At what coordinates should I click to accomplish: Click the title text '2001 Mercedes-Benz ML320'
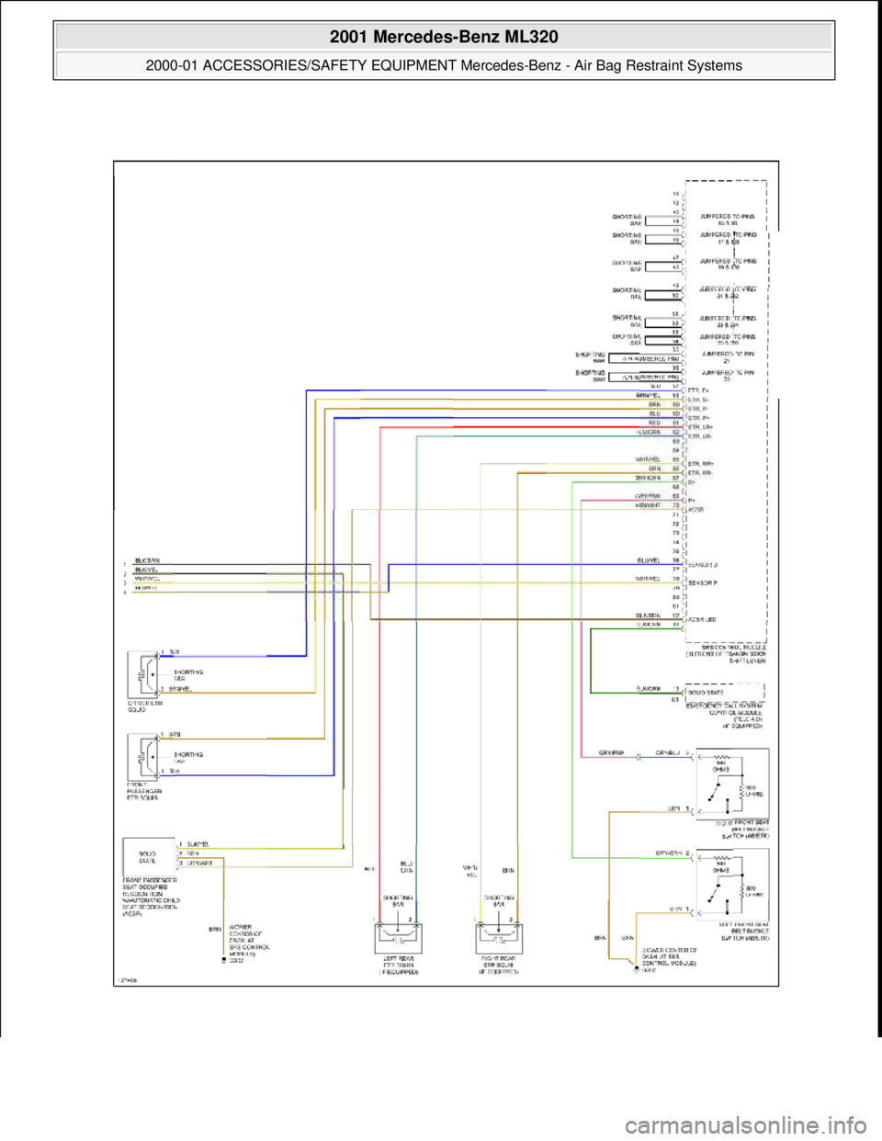[442, 37]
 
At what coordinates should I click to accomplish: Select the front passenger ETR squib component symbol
[142, 756]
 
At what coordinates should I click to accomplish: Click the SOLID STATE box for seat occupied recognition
[148, 856]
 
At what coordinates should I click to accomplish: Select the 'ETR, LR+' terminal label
[704, 428]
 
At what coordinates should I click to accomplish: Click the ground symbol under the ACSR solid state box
[221, 961]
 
